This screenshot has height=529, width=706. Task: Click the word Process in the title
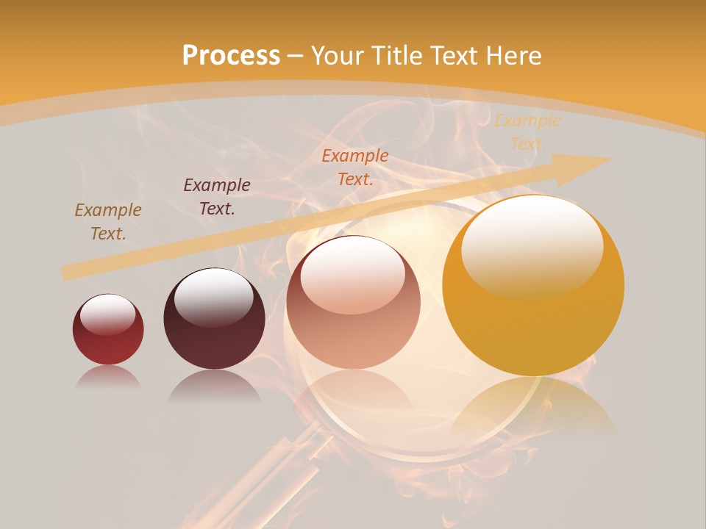[x=231, y=56]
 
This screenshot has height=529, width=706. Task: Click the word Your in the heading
[x=338, y=56]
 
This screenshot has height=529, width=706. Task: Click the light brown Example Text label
[x=108, y=222]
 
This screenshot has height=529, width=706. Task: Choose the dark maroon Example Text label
[x=217, y=197]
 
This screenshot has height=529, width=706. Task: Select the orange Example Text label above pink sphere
[x=355, y=168]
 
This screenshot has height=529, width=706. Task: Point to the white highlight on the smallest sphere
[x=107, y=314]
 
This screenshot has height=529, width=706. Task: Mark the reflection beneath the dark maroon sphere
[x=214, y=386]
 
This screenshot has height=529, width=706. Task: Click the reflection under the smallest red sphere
[x=108, y=377]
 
